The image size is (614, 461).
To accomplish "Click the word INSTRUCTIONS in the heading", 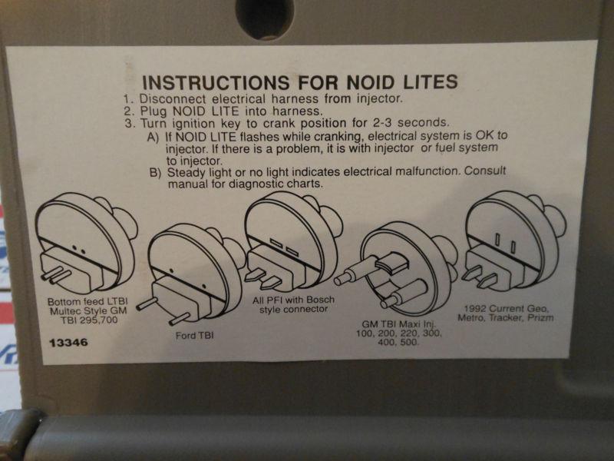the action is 216,83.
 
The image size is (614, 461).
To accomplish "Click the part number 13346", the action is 68,343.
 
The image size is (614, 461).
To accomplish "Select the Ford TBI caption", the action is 195,336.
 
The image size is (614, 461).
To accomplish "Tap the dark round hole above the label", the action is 265,18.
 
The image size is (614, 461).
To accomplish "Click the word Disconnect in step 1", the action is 173,99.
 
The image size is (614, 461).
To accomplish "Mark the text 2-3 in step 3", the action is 382,123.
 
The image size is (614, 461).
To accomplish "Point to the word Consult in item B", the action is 485,171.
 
